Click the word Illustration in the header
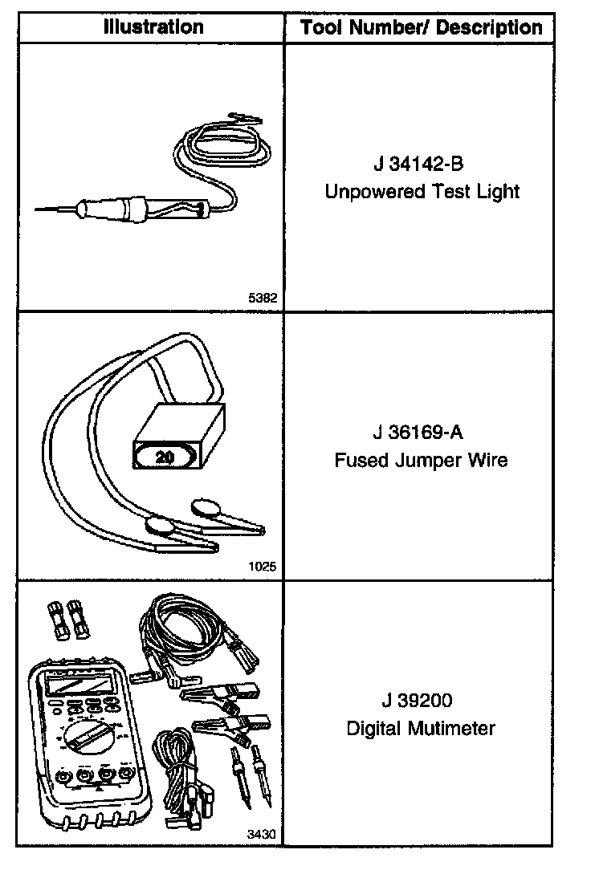[x=153, y=26]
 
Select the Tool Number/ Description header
[x=421, y=28]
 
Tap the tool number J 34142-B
[x=418, y=165]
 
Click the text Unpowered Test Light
[x=422, y=192]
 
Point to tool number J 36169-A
[x=418, y=433]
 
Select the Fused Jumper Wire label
[x=421, y=461]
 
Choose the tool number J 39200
[x=418, y=701]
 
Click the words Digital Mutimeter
[x=421, y=729]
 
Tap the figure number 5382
[x=263, y=298]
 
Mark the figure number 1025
[x=263, y=566]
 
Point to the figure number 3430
[x=263, y=834]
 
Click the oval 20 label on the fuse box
[x=165, y=457]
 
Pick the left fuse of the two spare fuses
[x=58, y=618]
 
